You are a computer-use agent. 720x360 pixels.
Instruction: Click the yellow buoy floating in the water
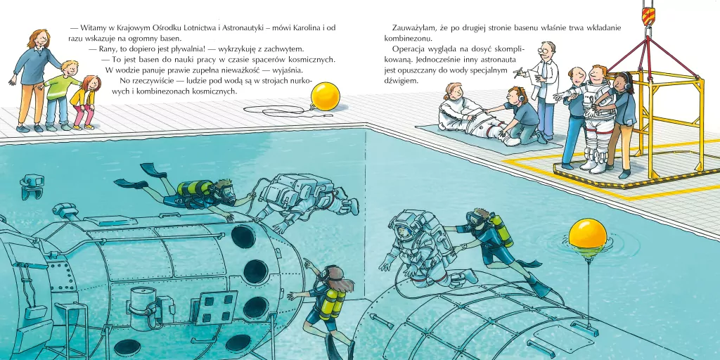tap(587, 233)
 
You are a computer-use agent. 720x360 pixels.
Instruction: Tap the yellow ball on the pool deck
tap(325, 96)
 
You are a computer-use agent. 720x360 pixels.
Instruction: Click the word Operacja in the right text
tap(408, 49)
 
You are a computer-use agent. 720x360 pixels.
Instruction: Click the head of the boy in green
tap(69, 68)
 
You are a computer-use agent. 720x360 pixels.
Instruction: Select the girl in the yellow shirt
tap(84, 103)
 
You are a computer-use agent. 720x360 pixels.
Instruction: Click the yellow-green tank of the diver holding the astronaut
tap(501, 230)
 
